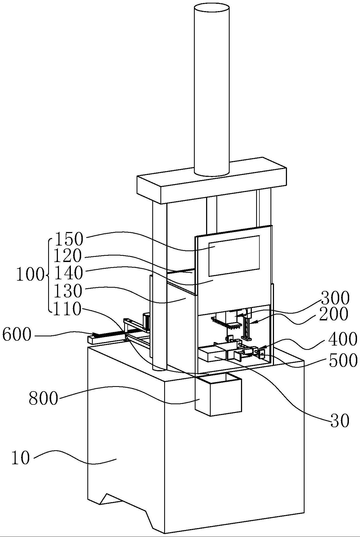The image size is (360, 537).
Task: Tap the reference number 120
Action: [68, 256]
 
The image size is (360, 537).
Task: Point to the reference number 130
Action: [68, 291]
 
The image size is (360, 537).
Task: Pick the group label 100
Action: [30, 275]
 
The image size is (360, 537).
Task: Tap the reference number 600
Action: [16, 335]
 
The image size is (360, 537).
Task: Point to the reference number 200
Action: [333, 314]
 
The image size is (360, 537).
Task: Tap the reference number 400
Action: [342, 339]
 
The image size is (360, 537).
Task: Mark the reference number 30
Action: [340, 421]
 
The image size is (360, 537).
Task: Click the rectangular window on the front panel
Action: [234, 256]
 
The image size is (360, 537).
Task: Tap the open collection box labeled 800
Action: [219, 396]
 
